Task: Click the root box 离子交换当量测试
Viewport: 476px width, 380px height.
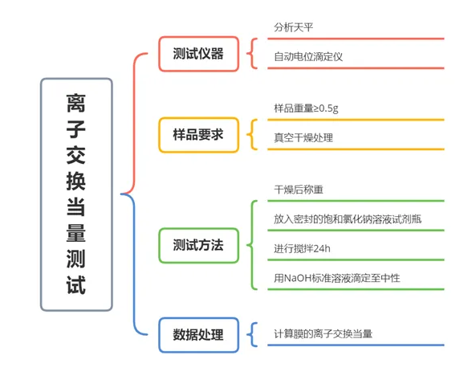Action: point(76,194)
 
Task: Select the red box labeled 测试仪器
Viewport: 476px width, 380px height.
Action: point(198,54)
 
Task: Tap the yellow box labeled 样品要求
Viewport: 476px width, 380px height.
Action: point(198,134)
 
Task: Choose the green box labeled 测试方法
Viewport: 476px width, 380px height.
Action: point(198,245)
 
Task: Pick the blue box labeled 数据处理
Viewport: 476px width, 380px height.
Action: point(198,335)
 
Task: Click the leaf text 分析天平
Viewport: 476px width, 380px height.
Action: point(293,27)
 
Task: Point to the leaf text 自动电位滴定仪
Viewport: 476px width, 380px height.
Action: point(308,57)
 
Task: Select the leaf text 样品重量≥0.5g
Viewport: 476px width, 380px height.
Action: point(306,108)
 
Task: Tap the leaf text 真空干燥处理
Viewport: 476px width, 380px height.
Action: point(303,137)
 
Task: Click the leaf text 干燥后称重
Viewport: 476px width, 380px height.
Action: point(299,190)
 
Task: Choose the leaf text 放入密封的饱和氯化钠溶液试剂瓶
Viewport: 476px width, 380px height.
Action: point(348,219)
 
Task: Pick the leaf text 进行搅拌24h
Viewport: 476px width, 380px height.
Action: point(302,248)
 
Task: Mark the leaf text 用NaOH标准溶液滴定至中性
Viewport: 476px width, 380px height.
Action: point(337,278)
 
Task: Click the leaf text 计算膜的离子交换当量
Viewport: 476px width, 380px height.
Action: point(323,334)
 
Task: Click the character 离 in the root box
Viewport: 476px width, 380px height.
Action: point(76,104)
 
